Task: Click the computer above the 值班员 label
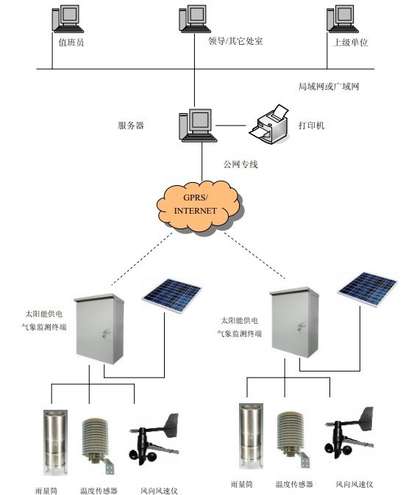coord(68,19)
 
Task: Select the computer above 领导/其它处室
coord(195,19)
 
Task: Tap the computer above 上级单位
coord(343,19)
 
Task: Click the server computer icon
coord(198,126)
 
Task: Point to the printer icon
coord(269,124)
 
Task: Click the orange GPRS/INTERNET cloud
coord(199,205)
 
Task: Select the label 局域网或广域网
coord(329,86)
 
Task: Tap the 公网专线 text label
coord(240,165)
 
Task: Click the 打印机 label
coord(311,126)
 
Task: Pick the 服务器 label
coord(131,126)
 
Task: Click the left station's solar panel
coord(171,295)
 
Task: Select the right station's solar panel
coord(367,289)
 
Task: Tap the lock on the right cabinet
coord(301,326)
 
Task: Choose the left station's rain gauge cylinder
coord(55,442)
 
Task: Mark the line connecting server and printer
coord(230,126)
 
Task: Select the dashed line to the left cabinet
coord(142,259)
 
